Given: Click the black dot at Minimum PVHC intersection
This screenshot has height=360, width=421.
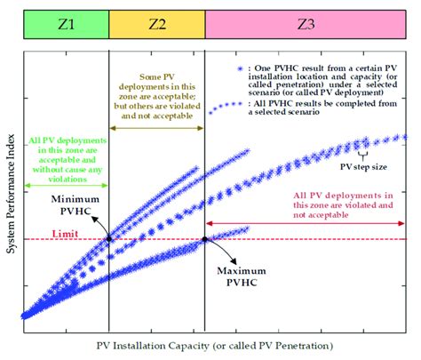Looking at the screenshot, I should (109, 238).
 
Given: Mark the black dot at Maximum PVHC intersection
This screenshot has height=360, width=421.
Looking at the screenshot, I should (205, 238).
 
